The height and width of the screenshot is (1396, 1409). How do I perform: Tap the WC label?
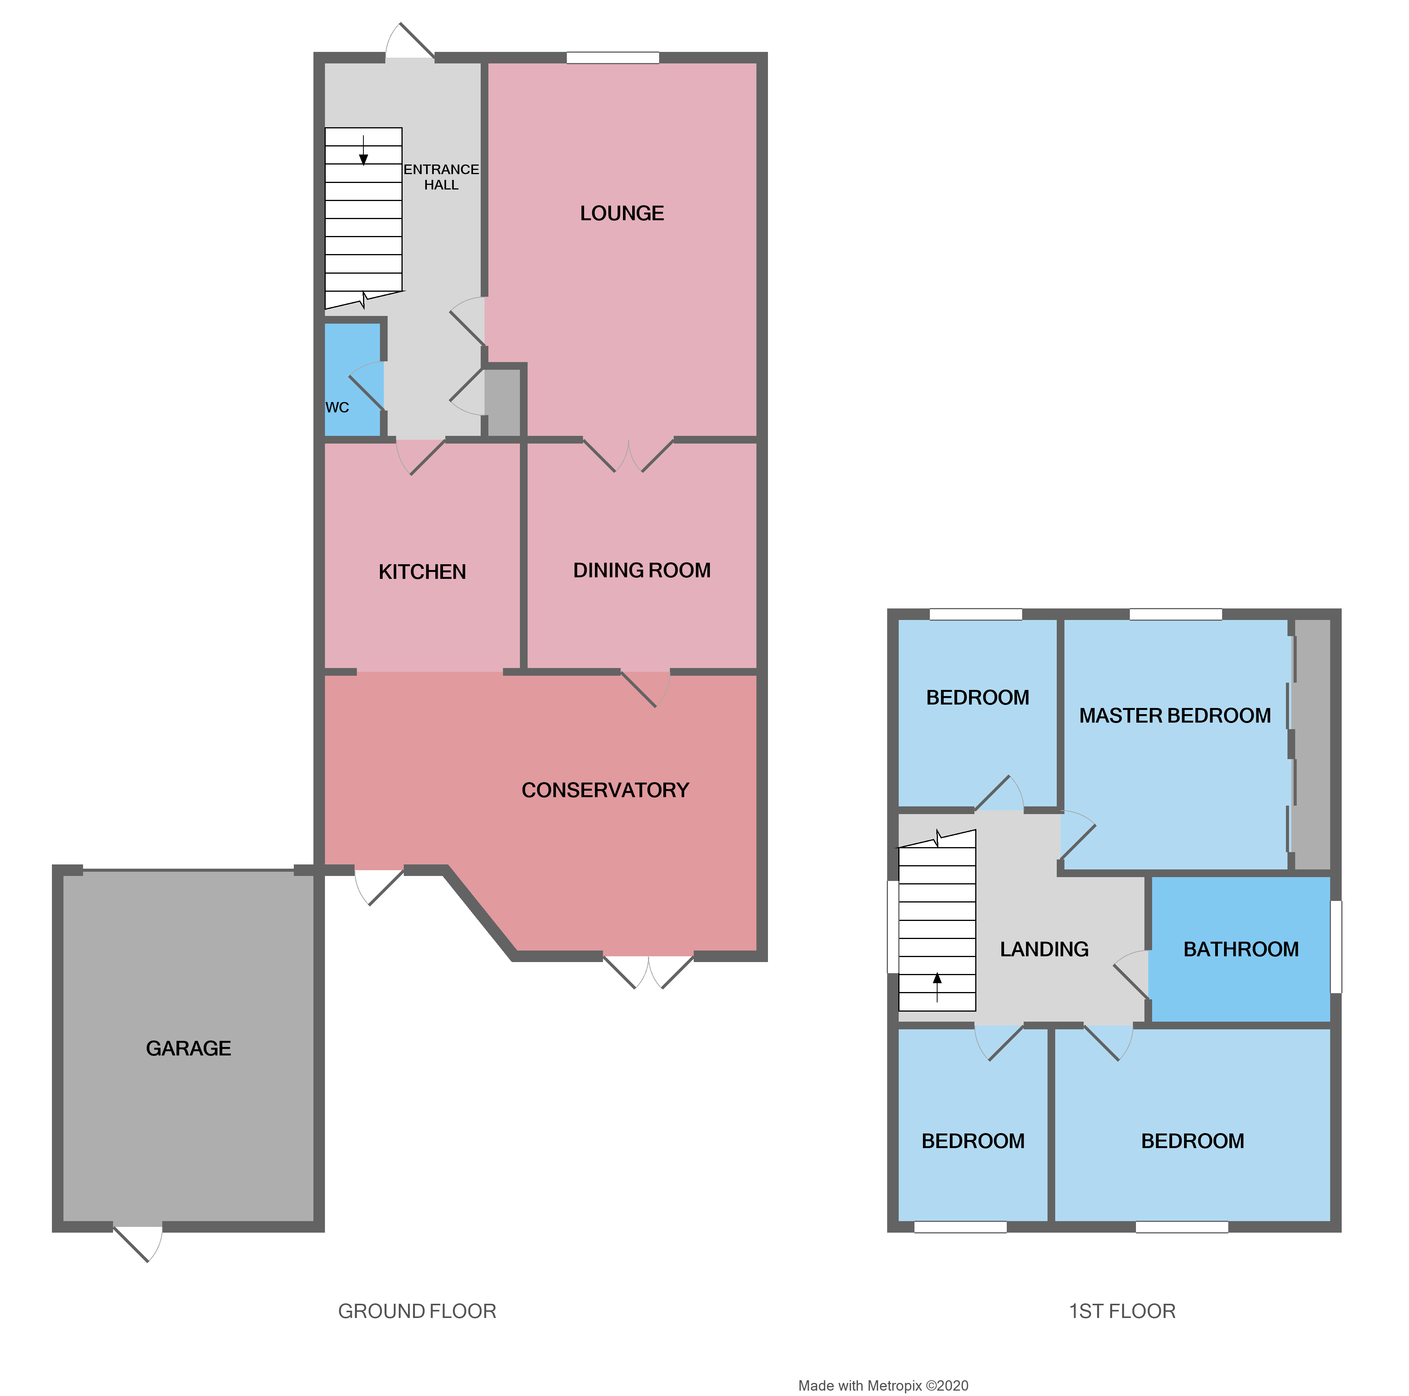tap(337, 407)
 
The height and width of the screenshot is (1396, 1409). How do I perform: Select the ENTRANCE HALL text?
tap(441, 177)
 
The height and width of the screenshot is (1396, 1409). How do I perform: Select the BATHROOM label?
tap(1241, 949)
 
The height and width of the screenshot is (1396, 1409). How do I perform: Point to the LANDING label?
tap(1044, 949)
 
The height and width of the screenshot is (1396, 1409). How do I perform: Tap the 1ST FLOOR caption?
tap(1122, 1311)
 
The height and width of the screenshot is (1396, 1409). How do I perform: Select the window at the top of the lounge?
tap(613, 58)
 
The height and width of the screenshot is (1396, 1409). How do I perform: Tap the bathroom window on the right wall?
tap(1336, 947)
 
